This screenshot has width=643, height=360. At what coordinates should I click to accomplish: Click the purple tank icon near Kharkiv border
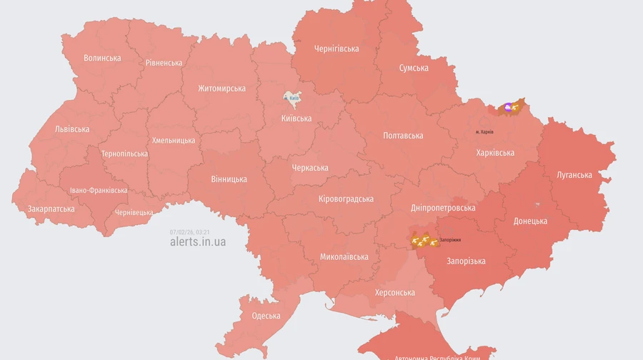click(x=508, y=107)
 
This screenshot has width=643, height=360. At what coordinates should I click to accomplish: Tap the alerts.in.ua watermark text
click(x=198, y=241)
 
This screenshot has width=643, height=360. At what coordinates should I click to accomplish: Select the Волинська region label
click(x=102, y=58)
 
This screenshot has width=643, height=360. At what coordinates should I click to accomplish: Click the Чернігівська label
click(x=337, y=49)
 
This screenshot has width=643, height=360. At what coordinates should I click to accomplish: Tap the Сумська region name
click(x=414, y=68)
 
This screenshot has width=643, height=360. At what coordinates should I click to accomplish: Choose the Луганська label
click(x=574, y=175)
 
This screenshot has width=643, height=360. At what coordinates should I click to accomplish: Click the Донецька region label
click(x=530, y=221)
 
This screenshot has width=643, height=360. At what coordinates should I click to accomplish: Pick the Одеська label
click(x=266, y=316)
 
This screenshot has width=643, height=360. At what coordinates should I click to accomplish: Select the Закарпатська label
click(x=51, y=209)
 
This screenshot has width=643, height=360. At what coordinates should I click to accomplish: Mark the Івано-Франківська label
click(x=99, y=191)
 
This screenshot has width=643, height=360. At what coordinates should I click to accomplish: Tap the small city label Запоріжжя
click(x=450, y=240)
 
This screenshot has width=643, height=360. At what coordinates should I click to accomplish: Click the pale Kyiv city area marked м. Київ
click(x=291, y=99)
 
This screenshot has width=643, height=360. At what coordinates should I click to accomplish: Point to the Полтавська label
click(x=403, y=136)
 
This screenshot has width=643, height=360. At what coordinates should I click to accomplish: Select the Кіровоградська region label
click(x=346, y=199)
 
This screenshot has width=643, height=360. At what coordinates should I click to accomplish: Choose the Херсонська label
click(x=395, y=293)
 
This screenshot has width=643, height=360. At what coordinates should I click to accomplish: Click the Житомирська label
click(x=221, y=89)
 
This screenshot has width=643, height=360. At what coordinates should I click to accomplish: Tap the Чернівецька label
click(x=134, y=212)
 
